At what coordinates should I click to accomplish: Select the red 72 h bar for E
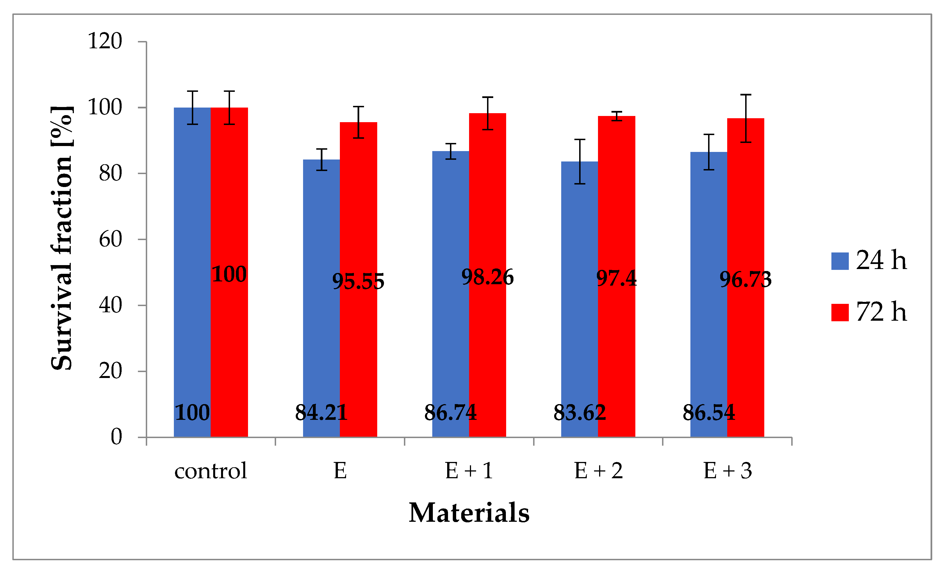(358, 346)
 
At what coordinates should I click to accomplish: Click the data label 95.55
(358, 281)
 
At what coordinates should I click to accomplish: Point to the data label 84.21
(321, 413)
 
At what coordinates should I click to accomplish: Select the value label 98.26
(487, 277)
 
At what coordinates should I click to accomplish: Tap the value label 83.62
(579, 413)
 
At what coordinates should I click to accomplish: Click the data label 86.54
(709, 413)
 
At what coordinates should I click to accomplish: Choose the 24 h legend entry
(869, 261)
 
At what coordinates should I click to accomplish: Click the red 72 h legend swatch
(840, 312)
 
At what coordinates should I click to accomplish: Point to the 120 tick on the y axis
(105, 41)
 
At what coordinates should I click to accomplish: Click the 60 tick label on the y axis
(110, 240)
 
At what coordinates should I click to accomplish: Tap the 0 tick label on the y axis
(116, 437)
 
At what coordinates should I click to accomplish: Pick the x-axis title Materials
(469, 513)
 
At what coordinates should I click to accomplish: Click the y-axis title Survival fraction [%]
(62, 238)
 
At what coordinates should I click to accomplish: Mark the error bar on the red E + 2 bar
(617, 116)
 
